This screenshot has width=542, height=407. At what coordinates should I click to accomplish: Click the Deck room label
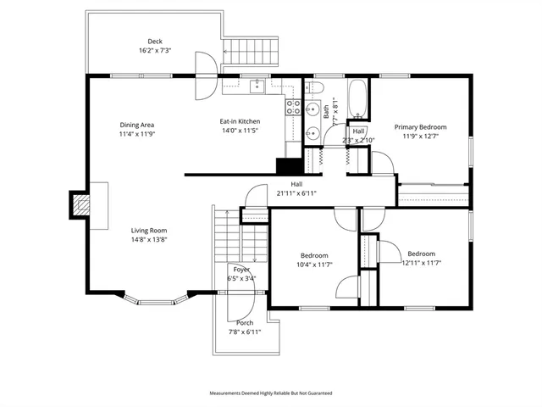[154, 42]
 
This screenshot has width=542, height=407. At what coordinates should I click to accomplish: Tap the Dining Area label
[136, 125]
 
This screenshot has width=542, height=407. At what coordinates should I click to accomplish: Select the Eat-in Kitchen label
[240, 121]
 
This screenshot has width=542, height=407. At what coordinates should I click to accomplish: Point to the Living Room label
[148, 230]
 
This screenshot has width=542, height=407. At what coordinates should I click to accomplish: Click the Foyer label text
[241, 270]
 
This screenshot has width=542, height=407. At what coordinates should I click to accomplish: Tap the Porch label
[244, 323]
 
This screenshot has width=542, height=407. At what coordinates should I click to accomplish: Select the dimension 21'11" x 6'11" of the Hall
[296, 192]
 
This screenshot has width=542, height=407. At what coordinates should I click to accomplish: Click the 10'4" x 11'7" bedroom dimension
[314, 265]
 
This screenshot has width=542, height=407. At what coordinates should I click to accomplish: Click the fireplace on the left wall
[80, 204]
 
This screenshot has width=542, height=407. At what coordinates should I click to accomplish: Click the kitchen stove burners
[293, 106]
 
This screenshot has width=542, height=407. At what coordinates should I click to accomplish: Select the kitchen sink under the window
[256, 86]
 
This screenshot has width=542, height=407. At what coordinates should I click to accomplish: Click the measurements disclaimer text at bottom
[271, 393]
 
